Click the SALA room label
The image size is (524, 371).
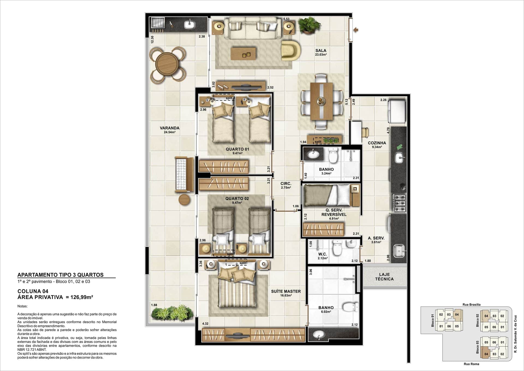[321, 51]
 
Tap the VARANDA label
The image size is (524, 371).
[169, 128]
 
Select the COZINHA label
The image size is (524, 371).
[377, 143]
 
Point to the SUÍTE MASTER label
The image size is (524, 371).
[286, 291]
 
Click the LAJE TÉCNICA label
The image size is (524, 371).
[384, 277]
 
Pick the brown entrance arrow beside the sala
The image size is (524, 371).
[356, 30]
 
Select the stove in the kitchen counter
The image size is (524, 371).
[399, 203]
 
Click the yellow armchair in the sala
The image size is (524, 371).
[291, 51]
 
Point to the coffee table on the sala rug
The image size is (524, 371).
[243, 54]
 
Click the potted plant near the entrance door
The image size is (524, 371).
[309, 25]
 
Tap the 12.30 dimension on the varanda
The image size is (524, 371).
[152, 40]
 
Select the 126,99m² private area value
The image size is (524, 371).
[82, 297]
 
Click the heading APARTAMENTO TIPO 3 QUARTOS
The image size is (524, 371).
[60, 275]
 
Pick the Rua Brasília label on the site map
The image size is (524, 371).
[472, 304]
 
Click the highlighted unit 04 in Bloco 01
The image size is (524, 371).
[457, 315]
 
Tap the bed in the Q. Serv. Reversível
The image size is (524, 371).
[327, 195]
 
